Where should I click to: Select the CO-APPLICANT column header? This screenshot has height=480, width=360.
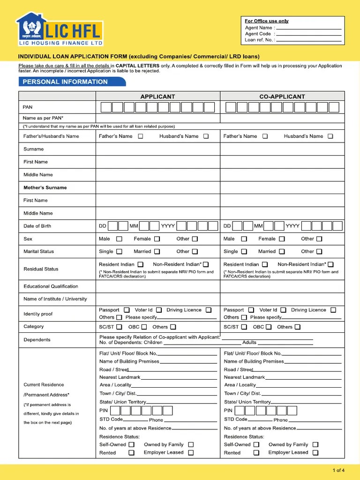(x=282, y=97)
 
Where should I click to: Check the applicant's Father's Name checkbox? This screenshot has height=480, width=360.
(x=141, y=136)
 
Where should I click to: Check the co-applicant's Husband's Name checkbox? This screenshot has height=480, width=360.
(x=330, y=136)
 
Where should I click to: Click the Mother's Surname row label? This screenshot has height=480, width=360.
(x=45, y=187)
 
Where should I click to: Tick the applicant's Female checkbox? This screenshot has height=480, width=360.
(x=156, y=239)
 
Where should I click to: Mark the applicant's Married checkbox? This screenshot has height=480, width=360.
(x=157, y=252)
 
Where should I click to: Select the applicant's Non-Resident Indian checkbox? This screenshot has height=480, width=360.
(x=206, y=264)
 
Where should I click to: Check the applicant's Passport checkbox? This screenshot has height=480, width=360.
(x=127, y=310)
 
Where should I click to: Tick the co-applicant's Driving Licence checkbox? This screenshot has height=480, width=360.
(x=333, y=310)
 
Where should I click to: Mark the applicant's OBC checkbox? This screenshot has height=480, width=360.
(x=144, y=327)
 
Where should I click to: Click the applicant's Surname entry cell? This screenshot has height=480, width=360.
(x=158, y=149)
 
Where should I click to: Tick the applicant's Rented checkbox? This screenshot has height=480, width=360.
(x=132, y=453)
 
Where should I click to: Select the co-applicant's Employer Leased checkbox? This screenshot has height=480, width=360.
(x=315, y=453)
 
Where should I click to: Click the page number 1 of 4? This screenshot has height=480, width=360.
(x=338, y=470)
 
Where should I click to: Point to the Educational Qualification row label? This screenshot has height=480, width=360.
(x=51, y=286)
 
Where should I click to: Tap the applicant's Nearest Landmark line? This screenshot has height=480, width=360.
(x=179, y=377)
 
